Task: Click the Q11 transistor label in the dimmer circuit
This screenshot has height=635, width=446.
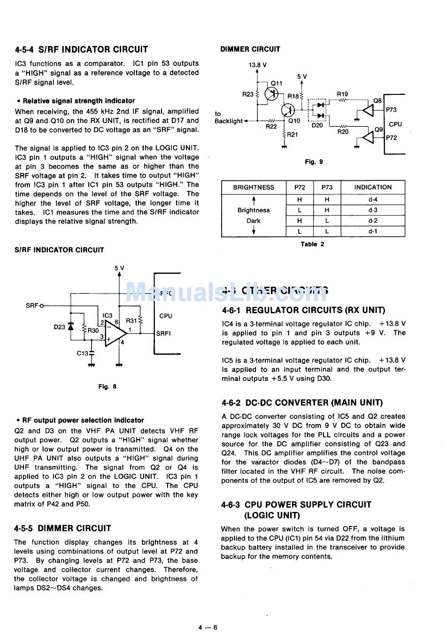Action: tap(277, 83)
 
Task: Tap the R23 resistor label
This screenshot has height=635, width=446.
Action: tap(247, 94)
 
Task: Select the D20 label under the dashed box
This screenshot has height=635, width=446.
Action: tap(317, 125)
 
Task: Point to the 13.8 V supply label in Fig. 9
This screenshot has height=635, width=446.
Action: tap(258, 65)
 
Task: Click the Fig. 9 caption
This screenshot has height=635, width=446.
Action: tap(314, 162)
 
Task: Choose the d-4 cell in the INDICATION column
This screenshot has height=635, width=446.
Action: tap(373, 200)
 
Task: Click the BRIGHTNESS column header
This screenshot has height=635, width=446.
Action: tap(254, 187)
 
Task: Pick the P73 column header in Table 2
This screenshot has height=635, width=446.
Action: tap(327, 187)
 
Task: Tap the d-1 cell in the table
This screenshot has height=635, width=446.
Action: tap(373, 231)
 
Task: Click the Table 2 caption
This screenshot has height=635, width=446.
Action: tap(312, 244)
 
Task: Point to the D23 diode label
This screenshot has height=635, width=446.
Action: tap(60, 327)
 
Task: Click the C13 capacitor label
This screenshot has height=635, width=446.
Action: tap(83, 353)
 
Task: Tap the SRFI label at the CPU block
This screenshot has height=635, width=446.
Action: tap(163, 333)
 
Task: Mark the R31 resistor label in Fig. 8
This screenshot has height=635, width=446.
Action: tap(131, 321)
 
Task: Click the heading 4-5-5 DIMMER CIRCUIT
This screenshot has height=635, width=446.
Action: tap(62, 528)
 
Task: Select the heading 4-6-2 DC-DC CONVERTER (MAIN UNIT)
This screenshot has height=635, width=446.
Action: tap(301, 403)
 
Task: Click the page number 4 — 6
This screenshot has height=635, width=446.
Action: tap(208, 627)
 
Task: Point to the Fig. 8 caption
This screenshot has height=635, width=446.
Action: tap(107, 387)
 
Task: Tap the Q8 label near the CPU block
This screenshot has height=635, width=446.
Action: tap(377, 101)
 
